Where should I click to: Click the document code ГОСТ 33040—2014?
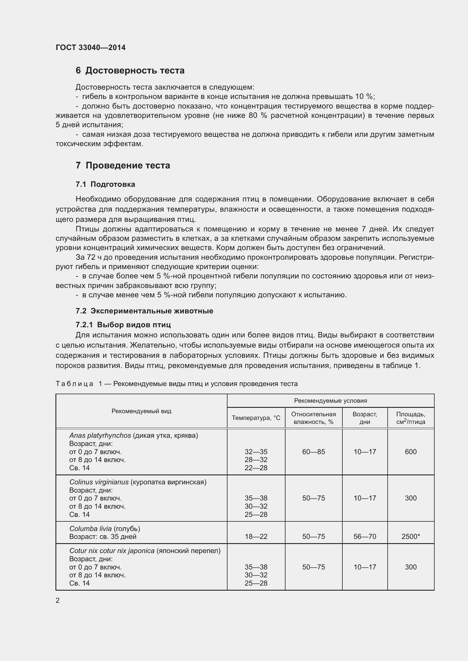(x=91, y=47)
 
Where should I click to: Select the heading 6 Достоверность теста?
(x=130, y=71)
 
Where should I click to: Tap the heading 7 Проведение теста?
(x=123, y=166)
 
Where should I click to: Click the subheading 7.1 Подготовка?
(x=105, y=185)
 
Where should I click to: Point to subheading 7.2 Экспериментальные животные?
(x=144, y=311)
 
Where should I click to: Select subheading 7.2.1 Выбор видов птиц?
(x=123, y=325)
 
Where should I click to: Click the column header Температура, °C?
(x=256, y=418)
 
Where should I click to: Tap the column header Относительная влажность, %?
(x=314, y=418)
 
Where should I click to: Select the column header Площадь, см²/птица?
(x=411, y=418)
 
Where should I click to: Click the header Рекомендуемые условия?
(x=330, y=401)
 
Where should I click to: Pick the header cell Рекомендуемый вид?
(x=141, y=411)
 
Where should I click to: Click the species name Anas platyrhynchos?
(x=100, y=435)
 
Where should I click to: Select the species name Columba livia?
(x=90, y=529)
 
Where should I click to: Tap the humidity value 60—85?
(x=314, y=452)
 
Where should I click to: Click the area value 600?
(x=411, y=452)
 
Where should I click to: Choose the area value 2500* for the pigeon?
(x=411, y=537)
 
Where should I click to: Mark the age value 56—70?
(x=365, y=537)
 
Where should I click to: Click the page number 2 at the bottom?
(x=58, y=601)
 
